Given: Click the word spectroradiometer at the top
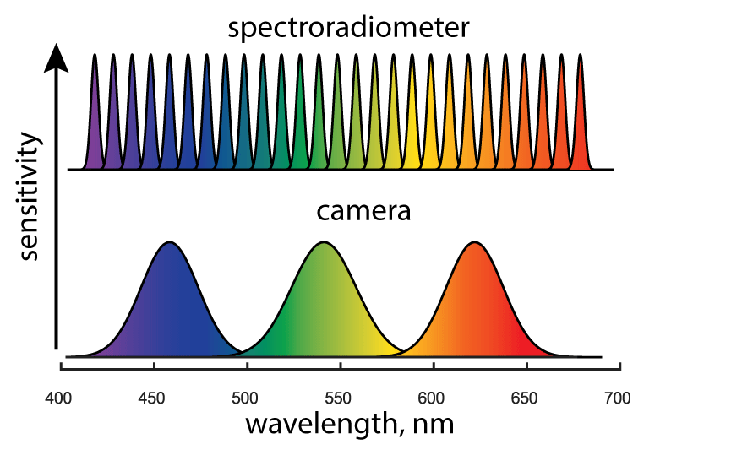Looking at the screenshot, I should [x=348, y=28].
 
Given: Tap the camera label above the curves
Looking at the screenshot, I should [x=363, y=211].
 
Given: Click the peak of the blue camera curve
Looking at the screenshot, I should [x=170, y=243].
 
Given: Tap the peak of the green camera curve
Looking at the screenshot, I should [x=322, y=243].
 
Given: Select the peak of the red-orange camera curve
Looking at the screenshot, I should [x=475, y=243].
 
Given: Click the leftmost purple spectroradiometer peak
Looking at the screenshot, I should [x=94, y=56].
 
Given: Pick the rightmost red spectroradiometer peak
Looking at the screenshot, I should [x=581, y=56].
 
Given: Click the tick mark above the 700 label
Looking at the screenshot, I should [x=619, y=366].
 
